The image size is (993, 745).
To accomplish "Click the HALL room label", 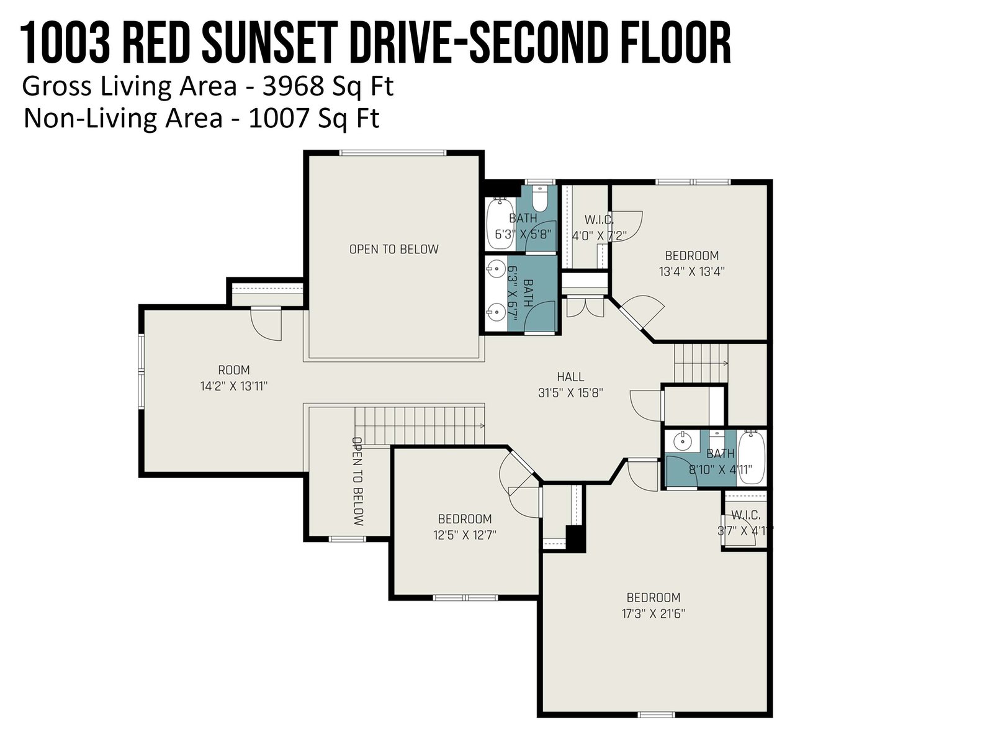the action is coord(570,376).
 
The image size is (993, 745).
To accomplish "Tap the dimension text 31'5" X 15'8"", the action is coord(570,392).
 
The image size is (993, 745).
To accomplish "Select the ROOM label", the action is coord(234,370).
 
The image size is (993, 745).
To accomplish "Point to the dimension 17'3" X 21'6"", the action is coord(654,614).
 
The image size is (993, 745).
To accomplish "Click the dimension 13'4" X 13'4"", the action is coord(692,271).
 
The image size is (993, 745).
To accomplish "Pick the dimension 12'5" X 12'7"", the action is coord(465,535).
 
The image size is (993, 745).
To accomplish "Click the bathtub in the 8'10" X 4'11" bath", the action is coord(752,457).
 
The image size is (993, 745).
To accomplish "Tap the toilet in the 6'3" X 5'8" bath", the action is coord(540,199).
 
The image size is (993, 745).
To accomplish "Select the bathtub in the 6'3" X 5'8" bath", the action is coord(500,222).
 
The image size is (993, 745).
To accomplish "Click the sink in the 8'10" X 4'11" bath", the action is coord(680,439).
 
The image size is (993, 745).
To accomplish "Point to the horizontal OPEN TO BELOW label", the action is coord(393,249).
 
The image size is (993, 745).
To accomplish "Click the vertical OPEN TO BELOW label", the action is coord(358,481).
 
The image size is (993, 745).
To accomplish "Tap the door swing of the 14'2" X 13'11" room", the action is coord(266,324).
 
